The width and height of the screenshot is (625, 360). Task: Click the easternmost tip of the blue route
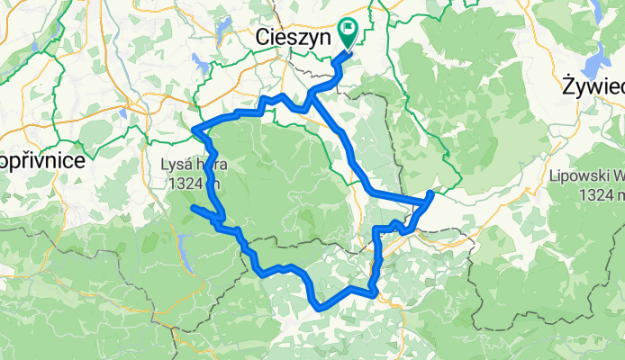tap(431, 193)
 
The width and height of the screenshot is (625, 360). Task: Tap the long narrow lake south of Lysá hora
tap(185, 252)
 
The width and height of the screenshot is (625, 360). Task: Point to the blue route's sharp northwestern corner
tap(195, 131)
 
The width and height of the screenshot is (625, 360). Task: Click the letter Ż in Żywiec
tap(567, 88)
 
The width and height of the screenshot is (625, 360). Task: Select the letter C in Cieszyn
tap(261, 38)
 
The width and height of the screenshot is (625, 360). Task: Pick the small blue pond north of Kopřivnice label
tap(122, 113)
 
